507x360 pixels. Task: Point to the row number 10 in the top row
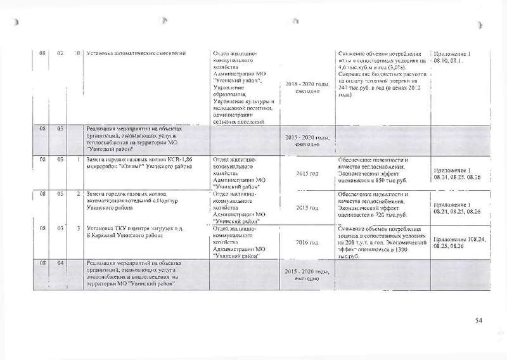point(76,53)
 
